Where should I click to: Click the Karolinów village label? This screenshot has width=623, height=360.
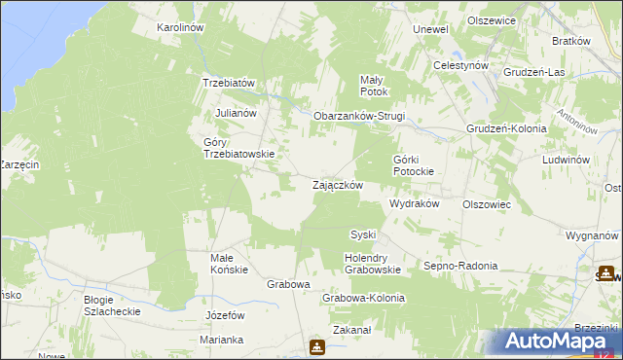(179, 28)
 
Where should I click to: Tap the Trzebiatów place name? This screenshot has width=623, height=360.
(228, 83)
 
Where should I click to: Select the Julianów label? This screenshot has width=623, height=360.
(235, 113)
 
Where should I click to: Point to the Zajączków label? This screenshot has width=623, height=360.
(338, 185)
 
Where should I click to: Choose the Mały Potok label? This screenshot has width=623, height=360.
(374, 86)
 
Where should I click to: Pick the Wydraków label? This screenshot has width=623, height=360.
(416, 204)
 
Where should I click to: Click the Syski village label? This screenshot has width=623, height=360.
(363, 234)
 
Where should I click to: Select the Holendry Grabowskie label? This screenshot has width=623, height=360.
(373, 264)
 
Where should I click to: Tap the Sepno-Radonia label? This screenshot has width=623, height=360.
(461, 266)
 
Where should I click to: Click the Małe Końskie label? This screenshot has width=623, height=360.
(230, 264)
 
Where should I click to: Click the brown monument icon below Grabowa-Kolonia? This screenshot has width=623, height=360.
(317, 346)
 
